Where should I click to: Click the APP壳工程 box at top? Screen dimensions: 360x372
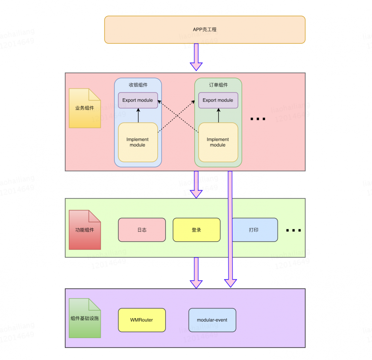(x=205, y=30)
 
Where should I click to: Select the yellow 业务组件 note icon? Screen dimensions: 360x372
(x=85, y=108)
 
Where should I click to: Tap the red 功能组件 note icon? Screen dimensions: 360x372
(x=85, y=230)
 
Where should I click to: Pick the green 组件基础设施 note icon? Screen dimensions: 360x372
(x=85, y=318)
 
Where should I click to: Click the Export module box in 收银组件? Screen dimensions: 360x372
(x=138, y=100)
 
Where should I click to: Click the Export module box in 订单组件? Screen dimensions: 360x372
(x=218, y=100)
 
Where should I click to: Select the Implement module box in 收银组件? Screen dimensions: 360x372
(x=138, y=142)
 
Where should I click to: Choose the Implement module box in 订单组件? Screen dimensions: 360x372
(x=218, y=142)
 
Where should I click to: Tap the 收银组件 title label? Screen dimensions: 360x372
(x=138, y=85)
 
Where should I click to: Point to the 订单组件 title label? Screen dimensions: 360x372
(x=218, y=85)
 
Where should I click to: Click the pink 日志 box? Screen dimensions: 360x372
(x=142, y=230)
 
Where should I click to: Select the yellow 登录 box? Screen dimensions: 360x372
(x=196, y=230)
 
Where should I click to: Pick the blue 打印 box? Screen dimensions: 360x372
(x=254, y=230)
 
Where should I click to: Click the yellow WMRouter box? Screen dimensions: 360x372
(x=142, y=320)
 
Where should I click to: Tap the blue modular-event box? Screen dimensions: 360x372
(x=212, y=320)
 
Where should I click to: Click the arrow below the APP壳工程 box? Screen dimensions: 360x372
(x=196, y=58)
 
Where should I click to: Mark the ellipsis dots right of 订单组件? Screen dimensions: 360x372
(x=258, y=119)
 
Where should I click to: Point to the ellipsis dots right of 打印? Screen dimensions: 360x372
(x=293, y=230)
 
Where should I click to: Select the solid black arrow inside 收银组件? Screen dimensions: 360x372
(x=138, y=116)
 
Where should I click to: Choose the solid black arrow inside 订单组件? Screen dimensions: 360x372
(x=218, y=116)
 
